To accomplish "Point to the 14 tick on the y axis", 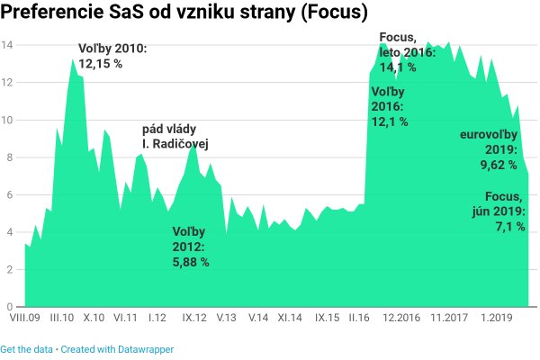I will [x=7, y=45].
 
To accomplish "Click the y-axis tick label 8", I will [x=8, y=157].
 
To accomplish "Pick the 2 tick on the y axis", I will [x=8, y=269].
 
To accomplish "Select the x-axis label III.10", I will [x=62, y=318].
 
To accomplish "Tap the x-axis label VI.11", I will [x=123, y=318].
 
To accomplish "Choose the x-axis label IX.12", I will [x=195, y=318].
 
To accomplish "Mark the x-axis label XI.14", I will [x=290, y=318].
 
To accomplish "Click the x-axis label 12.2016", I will [x=402, y=318].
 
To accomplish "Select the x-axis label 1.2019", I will [x=496, y=318].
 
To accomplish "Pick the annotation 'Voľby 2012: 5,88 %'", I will [x=191, y=247].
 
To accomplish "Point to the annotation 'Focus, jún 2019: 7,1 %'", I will [x=505, y=211].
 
